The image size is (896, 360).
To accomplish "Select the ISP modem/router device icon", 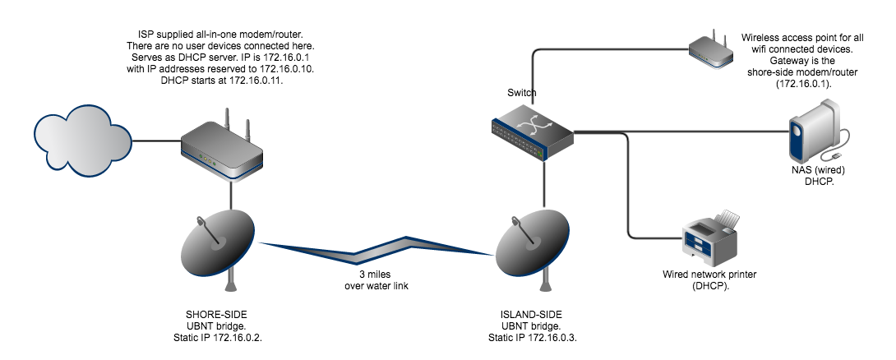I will point(221,148).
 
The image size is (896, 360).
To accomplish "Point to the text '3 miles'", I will point(376,273).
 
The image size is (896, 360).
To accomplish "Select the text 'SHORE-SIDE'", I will point(213,315).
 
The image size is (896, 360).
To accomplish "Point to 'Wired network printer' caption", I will point(709,274).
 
